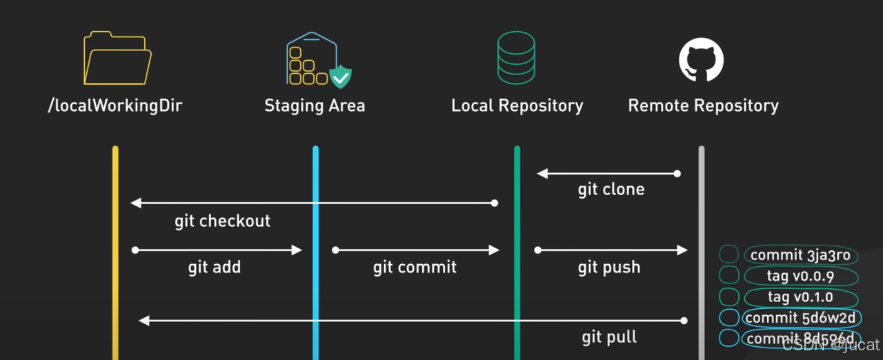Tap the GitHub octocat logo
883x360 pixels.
click(702, 60)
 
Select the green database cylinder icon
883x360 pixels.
click(516, 58)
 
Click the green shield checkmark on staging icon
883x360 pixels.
click(340, 76)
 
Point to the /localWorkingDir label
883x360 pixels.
click(115, 106)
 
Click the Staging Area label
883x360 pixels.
click(315, 106)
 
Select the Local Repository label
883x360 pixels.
click(517, 106)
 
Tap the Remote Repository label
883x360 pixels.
click(703, 106)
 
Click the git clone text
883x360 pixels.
click(611, 190)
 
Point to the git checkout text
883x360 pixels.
click(222, 221)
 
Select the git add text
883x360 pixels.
click(215, 267)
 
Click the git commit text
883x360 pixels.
click(415, 267)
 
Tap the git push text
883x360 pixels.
click(609, 267)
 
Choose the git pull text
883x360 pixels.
click(609, 337)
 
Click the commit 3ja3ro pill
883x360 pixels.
click(800, 255)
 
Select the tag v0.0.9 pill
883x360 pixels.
click(800, 276)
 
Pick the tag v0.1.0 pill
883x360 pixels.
click(800, 297)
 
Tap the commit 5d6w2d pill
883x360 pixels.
click(800, 318)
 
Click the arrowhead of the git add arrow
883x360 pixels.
click(298, 250)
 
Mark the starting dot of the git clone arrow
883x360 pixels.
click(677, 174)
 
